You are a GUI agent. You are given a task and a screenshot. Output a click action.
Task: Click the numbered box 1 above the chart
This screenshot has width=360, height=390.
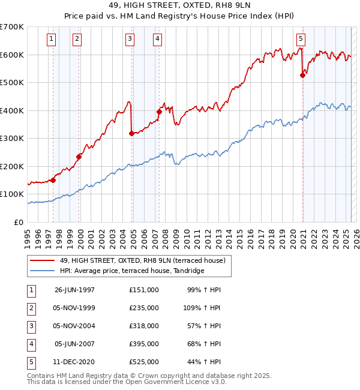click(52, 40)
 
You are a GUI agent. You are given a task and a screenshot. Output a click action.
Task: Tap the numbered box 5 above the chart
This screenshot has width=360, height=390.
click(301, 40)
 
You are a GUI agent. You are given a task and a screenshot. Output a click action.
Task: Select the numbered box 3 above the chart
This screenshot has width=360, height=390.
click(130, 40)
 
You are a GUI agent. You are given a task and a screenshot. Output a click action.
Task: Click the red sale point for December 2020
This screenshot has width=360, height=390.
click(303, 75)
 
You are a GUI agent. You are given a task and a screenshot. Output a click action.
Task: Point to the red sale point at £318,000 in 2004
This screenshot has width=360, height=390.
click(131, 133)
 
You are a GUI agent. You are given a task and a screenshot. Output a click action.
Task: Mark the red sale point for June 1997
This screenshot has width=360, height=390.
click(53, 179)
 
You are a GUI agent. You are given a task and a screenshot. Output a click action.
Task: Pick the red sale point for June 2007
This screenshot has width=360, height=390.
click(159, 112)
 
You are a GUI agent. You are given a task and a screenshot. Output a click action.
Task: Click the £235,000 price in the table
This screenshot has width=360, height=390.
click(144, 308)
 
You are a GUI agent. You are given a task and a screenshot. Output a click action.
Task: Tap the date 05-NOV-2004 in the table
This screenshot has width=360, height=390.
click(74, 326)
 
